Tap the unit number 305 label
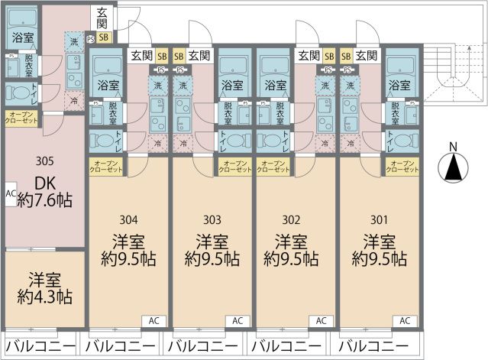pos(44,161)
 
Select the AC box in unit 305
pos(11,194)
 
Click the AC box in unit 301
pos(405,321)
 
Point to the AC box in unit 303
pos(237,321)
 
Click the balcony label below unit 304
pos(121,346)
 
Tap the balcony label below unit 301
pos(374,346)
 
